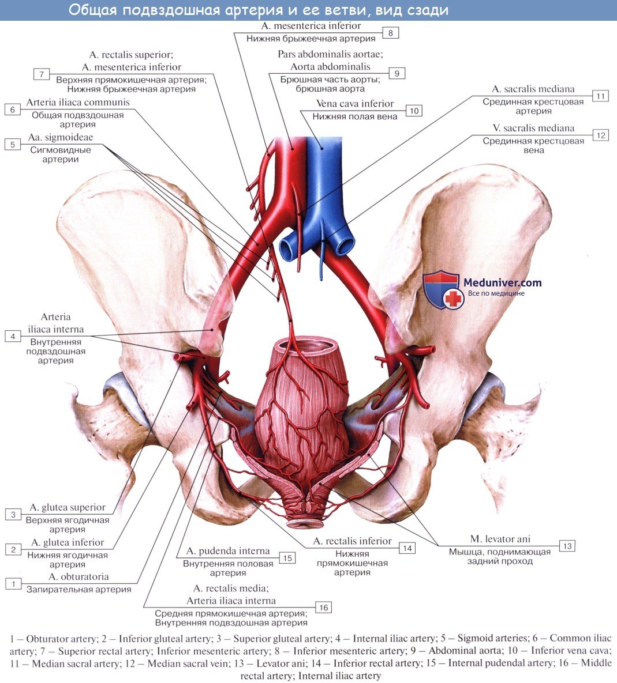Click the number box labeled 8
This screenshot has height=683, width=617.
(390, 33)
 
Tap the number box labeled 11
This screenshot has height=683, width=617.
(600, 96)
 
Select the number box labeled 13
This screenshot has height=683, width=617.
(567, 545)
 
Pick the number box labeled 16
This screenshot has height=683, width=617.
(323, 607)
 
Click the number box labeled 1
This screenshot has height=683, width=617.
(13, 583)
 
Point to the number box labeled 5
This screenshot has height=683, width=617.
(13, 144)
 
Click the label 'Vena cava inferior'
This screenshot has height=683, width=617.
(355, 104)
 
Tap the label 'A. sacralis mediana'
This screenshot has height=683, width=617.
(533, 89)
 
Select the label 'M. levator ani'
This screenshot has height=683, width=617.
(500, 539)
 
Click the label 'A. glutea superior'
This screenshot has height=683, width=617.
(68, 508)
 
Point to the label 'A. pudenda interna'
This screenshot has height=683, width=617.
(228, 552)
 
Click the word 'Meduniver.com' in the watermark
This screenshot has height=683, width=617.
(503, 282)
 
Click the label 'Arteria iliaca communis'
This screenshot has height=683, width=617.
(78, 103)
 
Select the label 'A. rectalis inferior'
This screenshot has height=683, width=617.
(352, 541)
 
